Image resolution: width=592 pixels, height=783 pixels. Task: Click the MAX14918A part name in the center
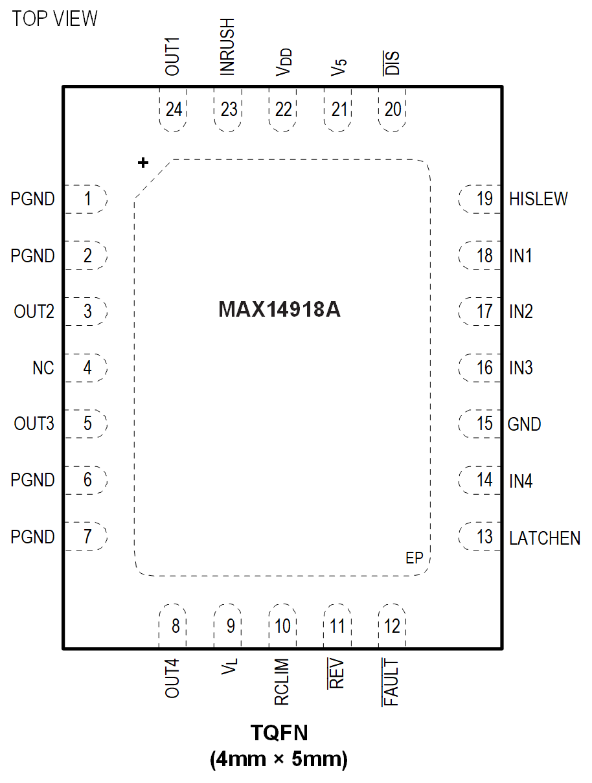(x=279, y=310)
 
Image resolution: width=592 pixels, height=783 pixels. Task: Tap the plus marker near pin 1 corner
(x=143, y=163)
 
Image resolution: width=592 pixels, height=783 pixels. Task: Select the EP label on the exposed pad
(x=414, y=558)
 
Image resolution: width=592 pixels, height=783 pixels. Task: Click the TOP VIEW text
(x=54, y=19)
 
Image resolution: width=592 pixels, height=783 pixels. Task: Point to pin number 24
(x=174, y=109)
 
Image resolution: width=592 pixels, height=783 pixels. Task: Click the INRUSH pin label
(x=227, y=47)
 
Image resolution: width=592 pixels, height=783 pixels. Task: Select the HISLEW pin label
(x=538, y=199)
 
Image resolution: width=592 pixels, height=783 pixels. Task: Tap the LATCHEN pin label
(x=544, y=538)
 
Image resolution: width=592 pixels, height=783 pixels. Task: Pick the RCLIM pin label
(x=282, y=683)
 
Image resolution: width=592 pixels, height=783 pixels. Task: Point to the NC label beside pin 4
(x=43, y=369)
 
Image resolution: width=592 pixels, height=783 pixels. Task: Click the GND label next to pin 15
(x=524, y=425)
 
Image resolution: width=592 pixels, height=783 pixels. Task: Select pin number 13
(x=484, y=537)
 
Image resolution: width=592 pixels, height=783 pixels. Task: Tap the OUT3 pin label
(x=34, y=424)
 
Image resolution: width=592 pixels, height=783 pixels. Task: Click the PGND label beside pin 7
(x=32, y=537)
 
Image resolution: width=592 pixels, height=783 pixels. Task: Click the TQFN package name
(x=279, y=733)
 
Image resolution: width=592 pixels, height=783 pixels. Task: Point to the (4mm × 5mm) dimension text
(x=279, y=758)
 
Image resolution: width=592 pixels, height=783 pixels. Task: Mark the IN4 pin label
(x=521, y=481)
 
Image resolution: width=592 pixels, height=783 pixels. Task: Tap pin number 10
(x=282, y=626)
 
